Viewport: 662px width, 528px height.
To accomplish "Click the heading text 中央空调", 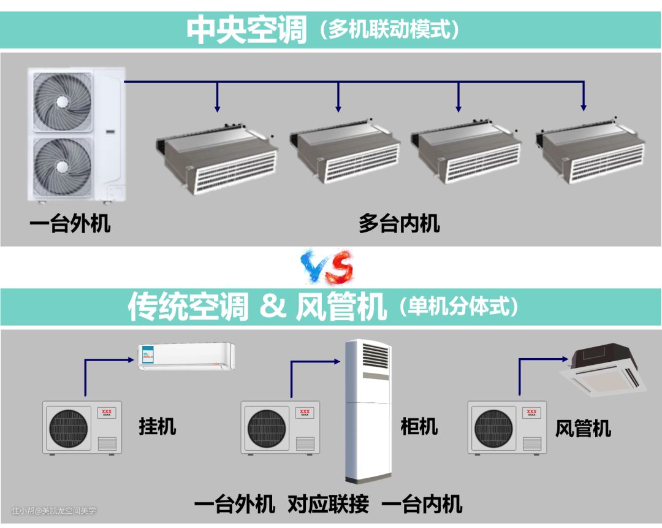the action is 246,29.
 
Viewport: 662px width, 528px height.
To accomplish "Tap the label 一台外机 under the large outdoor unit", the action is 70,223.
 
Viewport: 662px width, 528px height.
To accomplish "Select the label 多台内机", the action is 399,223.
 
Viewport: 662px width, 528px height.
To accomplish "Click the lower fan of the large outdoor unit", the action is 63,166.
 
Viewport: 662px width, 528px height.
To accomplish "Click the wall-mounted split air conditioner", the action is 186,356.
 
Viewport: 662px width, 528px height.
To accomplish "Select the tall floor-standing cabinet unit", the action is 368,411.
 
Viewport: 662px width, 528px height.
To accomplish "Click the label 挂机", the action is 157,426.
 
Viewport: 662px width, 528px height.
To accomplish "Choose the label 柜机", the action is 419,426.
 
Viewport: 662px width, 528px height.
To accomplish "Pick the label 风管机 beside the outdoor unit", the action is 583,428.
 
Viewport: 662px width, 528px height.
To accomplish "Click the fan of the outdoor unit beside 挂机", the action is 69,428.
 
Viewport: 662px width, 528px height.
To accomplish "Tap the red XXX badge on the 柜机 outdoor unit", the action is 305,412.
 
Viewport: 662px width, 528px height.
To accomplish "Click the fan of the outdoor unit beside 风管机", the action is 493,428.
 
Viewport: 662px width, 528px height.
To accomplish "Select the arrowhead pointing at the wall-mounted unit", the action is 131,360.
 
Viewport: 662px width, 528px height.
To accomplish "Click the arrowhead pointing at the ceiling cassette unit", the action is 566,359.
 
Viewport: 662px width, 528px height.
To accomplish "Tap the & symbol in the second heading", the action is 272,306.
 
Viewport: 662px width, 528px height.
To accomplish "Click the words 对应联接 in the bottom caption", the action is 328,504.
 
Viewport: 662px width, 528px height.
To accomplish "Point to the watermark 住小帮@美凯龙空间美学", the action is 54,511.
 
